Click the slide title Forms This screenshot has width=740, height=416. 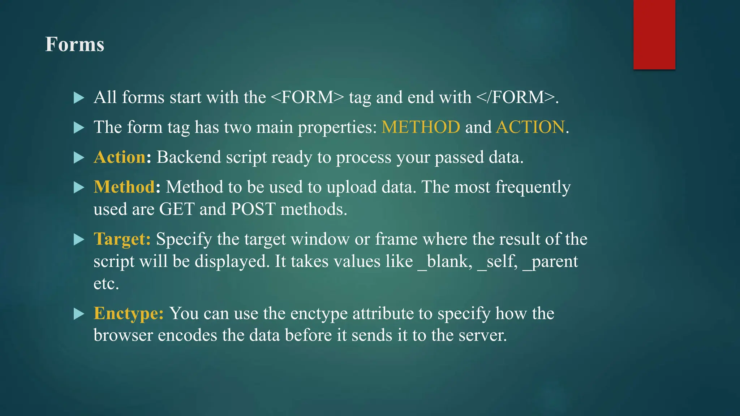click(x=74, y=44)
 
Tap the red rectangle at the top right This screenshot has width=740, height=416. click(x=654, y=34)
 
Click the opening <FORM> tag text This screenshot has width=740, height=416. click(x=307, y=97)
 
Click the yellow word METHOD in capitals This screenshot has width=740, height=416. click(x=421, y=127)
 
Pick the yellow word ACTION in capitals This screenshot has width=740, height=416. click(x=530, y=127)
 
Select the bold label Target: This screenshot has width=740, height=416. click(x=122, y=239)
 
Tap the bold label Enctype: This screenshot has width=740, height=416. click(x=129, y=313)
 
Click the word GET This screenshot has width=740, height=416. click(x=177, y=209)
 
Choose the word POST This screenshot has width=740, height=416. click(x=253, y=209)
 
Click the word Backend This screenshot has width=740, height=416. click(x=189, y=157)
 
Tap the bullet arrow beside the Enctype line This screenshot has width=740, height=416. click(x=78, y=314)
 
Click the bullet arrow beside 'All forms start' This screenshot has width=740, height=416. click(x=78, y=98)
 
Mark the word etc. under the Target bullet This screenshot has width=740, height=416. click(x=106, y=283)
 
